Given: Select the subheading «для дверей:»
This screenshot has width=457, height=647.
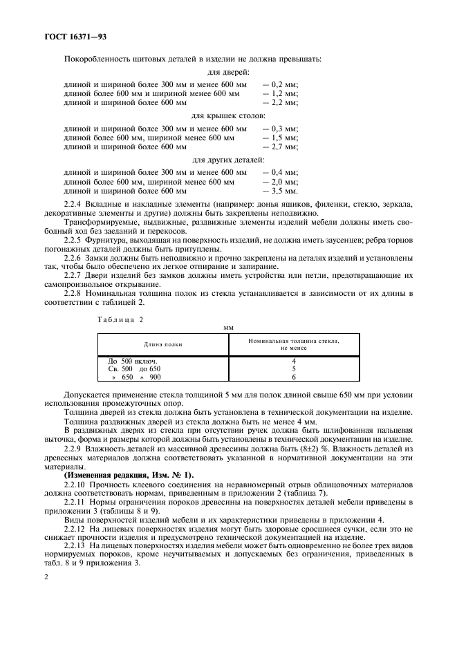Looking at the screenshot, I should click(228, 71).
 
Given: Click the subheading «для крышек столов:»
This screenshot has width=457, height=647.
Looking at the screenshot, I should click(228, 116).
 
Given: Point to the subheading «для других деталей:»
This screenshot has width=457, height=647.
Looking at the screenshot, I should click(228, 160).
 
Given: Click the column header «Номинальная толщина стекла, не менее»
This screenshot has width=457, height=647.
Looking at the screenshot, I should click(294, 344).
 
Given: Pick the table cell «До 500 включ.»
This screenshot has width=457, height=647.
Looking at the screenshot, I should click(133, 361).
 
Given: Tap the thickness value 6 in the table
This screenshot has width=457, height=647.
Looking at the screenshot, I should click(294, 377).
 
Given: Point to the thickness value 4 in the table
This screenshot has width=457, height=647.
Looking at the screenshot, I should click(294, 361).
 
